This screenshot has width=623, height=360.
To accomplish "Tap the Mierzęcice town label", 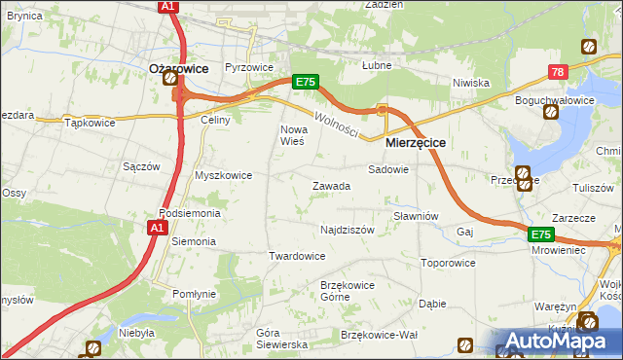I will point(416,142).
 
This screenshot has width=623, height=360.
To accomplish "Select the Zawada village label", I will point(330,186).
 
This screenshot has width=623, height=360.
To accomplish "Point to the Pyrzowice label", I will point(248,68).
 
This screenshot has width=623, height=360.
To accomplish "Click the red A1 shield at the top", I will point(167,7).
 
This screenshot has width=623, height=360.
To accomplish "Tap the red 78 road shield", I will point(557,72).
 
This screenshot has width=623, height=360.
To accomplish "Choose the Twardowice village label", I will point(296,256).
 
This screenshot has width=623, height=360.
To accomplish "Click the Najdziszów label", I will point(348,231).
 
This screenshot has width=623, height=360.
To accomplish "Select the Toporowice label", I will point(448,263).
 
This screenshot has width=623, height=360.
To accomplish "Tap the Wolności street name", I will point(337,123).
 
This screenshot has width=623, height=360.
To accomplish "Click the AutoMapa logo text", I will point(566,342).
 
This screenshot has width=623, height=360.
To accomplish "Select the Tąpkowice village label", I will point(90,123).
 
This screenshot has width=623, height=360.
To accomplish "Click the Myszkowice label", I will point(224,175).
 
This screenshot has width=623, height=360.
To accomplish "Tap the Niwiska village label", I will point(470,83).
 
